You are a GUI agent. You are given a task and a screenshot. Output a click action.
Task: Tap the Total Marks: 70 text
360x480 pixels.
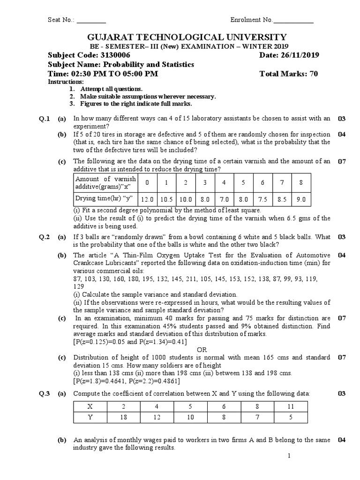(289, 74)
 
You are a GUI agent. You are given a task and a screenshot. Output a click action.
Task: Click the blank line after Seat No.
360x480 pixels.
(91, 20)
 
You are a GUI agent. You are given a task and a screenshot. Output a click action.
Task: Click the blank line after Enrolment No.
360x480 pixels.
(293, 20)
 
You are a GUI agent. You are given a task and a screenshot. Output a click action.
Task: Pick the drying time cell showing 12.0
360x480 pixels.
(148, 199)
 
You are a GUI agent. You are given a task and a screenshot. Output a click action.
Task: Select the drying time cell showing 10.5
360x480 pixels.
(167, 199)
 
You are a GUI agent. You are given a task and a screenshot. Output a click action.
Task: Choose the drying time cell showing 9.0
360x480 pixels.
(301, 199)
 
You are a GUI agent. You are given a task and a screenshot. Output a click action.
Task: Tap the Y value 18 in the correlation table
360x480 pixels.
(124, 417)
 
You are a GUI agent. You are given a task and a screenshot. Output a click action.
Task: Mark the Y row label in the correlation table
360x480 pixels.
(90, 417)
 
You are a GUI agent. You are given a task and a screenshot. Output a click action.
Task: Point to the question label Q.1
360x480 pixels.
(44, 119)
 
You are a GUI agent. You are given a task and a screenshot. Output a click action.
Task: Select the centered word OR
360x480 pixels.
(202, 350)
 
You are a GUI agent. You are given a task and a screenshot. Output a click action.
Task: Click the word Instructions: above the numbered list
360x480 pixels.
(66, 82)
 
